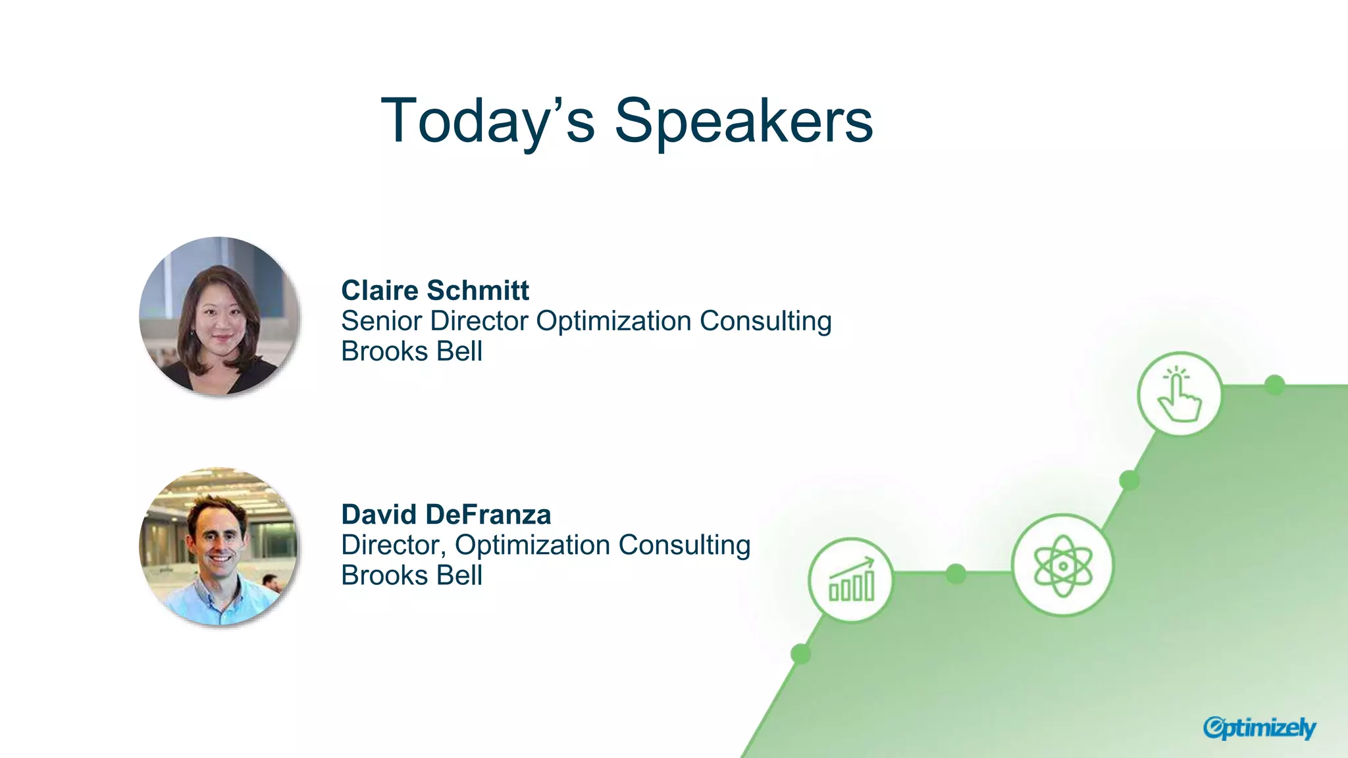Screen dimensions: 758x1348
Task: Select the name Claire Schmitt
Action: point(434,290)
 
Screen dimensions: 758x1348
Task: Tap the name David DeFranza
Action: point(446,515)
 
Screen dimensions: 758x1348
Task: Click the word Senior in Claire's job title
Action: point(381,321)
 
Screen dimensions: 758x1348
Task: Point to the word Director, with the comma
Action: point(393,545)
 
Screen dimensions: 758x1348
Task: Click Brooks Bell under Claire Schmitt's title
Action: point(411,351)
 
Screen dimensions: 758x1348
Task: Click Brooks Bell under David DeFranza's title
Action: point(411,576)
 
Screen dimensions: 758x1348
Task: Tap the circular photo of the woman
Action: point(219,316)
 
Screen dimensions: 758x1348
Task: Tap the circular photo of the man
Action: point(219,546)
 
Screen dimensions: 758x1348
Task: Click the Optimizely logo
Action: point(1258,728)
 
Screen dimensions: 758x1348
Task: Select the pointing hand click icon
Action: point(1179,394)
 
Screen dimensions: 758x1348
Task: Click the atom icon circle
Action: point(1062,565)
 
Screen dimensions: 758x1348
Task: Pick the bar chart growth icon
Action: point(851,580)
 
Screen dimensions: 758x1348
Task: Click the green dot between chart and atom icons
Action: point(956,574)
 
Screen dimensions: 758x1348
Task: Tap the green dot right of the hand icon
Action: point(1275,385)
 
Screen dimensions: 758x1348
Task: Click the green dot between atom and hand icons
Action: point(1129,480)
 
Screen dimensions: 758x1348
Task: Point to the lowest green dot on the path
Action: point(800,654)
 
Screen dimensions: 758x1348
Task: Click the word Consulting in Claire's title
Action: point(765,321)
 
